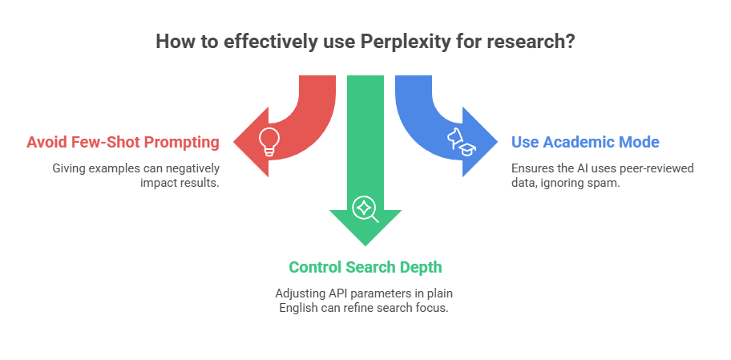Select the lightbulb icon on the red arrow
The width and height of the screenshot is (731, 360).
click(x=269, y=141)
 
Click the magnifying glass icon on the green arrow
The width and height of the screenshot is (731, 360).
click(x=365, y=208)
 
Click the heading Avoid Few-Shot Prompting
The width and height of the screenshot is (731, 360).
click(x=123, y=142)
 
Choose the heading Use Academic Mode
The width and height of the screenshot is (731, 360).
click(x=585, y=142)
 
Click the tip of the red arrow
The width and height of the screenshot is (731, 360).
click(x=233, y=142)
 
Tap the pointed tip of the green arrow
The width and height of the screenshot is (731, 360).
click(x=365, y=245)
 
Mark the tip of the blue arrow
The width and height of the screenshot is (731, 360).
click(x=498, y=142)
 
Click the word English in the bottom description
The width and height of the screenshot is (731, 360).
click(x=297, y=307)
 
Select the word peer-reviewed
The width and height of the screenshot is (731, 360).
click(x=659, y=168)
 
